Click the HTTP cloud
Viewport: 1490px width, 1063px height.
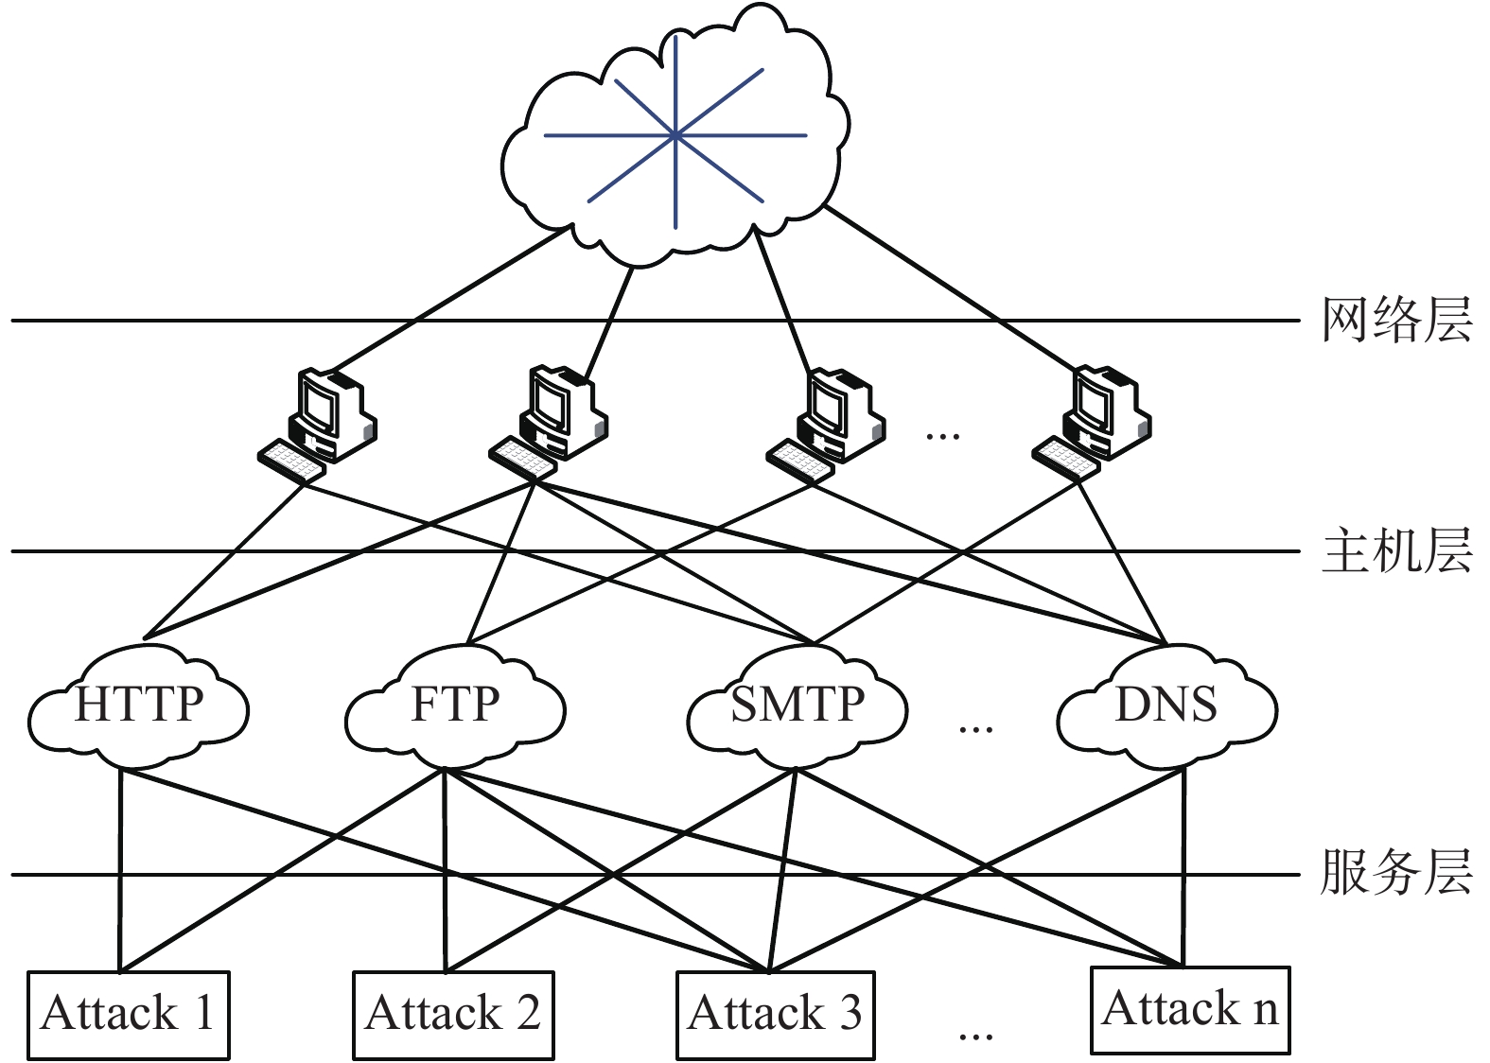coord(139,706)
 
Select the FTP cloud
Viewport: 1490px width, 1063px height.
coord(455,706)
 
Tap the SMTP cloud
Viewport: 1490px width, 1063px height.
coord(797,706)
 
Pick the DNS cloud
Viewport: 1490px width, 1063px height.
coord(1166,706)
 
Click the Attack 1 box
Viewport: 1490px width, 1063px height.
coord(129,1014)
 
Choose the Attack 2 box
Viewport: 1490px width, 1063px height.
coord(453,1014)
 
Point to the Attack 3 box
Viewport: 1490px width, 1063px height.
coord(776,1014)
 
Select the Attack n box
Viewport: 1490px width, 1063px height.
coord(1190,1009)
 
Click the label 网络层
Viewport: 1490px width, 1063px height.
coord(1396,320)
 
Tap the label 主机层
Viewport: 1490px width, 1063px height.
coord(1396,550)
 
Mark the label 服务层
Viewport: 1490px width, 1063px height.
coord(1396,872)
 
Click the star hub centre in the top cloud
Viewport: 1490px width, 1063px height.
coord(675,136)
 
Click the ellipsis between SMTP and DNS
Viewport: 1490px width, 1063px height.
coord(975,729)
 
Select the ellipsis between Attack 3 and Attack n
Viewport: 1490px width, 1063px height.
coord(975,1036)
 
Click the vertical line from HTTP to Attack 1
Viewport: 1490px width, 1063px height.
coord(121,870)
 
